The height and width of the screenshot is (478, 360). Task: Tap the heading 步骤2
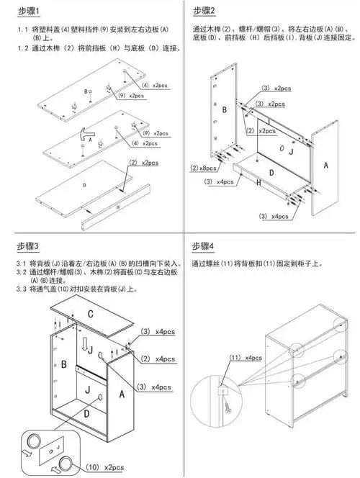(x=204, y=12)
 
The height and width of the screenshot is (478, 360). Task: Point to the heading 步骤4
(x=204, y=247)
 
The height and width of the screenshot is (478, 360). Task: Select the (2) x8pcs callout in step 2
(x=204, y=168)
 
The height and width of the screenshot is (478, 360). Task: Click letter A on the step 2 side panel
(x=326, y=165)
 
